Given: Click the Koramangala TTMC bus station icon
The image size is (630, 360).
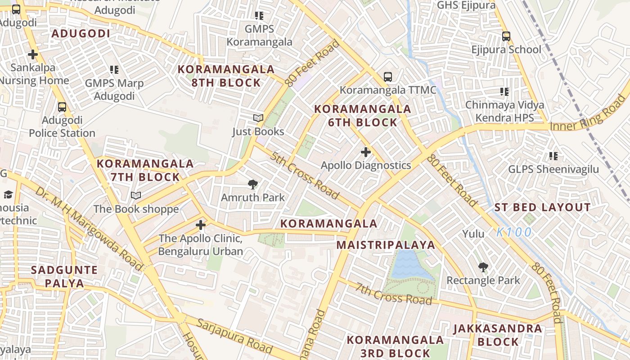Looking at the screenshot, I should [x=388, y=77].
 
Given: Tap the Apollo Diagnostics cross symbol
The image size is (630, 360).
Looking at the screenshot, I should [x=366, y=152].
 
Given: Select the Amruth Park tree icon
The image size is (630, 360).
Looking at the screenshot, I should [x=253, y=184].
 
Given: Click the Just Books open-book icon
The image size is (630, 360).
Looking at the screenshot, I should [x=258, y=118].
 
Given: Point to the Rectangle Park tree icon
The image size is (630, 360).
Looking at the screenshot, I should [x=483, y=267].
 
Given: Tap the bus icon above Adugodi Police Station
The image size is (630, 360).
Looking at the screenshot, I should [x=62, y=107].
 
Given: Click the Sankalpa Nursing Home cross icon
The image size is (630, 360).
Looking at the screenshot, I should [x=32, y=54].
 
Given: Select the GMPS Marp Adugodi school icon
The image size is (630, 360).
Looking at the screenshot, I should [x=114, y=70].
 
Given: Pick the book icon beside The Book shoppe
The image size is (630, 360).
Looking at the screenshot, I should [x=136, y=196].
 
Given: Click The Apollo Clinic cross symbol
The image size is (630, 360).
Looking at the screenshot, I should [x=201, y=225].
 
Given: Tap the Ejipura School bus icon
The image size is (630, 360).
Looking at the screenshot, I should [x=506, y=36].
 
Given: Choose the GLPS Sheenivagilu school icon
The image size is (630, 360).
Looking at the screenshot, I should [x=553, y=156].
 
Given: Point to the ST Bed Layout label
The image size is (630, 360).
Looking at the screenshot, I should [x=542, y=207].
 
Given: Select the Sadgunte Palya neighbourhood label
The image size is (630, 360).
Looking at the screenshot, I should [x=64, y=276].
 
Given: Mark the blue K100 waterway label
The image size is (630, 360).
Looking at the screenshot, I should [x=514, y=233].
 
